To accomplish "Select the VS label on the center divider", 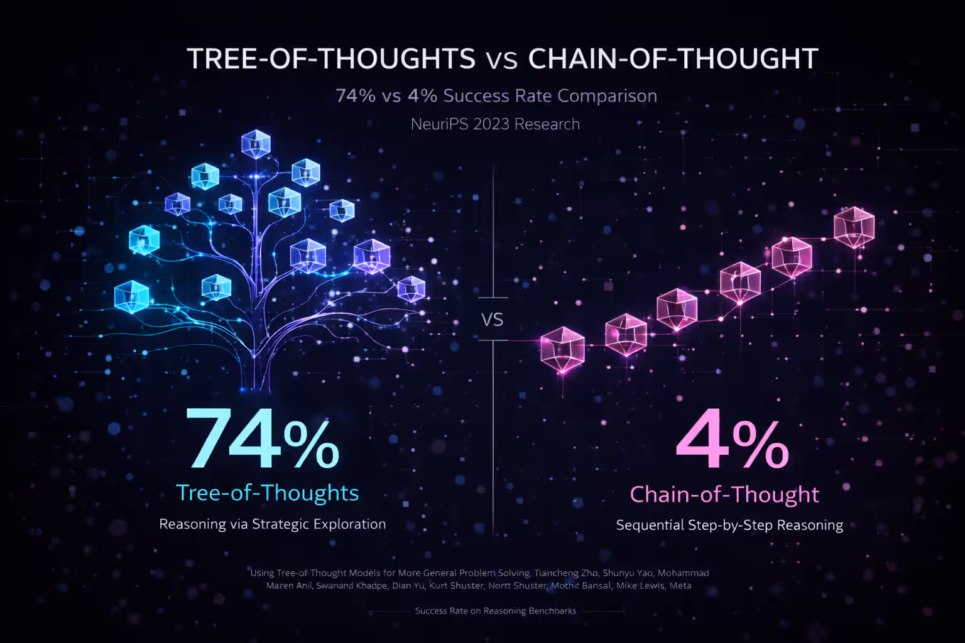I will click(x=493, y=320).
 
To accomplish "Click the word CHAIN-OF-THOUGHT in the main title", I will click(x=673, y=59).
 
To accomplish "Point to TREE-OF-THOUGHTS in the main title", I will click(x=331, y=59).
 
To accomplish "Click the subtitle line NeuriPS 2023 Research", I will click(x=495, y=124).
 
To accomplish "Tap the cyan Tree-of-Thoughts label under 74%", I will click(x=267, y=493).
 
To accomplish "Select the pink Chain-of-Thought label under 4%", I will click(x=724, y=495).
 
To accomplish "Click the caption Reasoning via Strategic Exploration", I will click(x=272, y=524).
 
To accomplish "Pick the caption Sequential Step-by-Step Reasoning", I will click(x=729, y=526).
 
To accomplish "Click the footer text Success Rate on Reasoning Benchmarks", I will click(x=495, y=611).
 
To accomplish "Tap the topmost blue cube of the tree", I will click(x=256, y=144).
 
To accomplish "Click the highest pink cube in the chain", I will click(x=854, y=226).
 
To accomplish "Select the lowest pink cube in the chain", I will click(x=562, y=349).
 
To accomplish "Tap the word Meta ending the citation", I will click(x=680, y=586).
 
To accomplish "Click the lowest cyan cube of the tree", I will click(x=131, y=296).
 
